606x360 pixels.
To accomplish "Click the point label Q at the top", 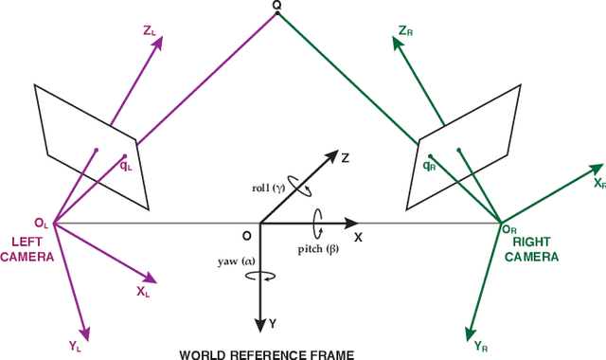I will click(276, 7).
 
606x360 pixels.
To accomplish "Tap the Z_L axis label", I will click(151, 31).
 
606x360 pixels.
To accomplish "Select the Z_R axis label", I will click(405, 31).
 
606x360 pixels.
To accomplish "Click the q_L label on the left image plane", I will click(126, 165).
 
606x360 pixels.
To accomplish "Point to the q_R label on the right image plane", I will click(429, 165).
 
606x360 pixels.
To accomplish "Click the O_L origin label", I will click(41, 223).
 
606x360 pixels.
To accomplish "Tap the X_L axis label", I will click(143, 292).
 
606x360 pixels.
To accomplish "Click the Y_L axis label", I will click(76, 347).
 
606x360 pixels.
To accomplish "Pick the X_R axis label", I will click(598, 182).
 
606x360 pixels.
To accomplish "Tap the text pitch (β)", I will click(319, 249).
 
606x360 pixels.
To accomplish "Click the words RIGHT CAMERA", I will click(531, 249).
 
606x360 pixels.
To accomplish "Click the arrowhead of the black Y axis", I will click(260, 325).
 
